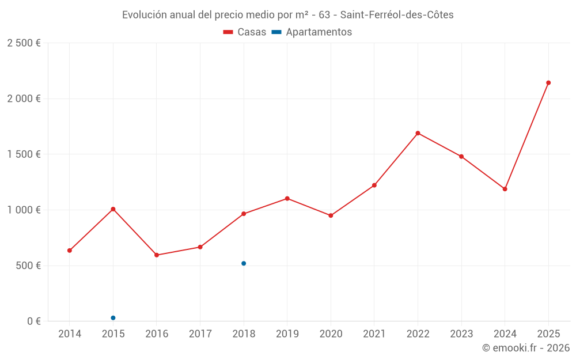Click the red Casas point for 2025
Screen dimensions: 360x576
548,83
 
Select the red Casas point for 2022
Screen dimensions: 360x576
418,133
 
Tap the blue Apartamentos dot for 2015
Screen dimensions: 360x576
113,318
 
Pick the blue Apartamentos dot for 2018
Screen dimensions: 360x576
244,263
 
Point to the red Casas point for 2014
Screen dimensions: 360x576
70,251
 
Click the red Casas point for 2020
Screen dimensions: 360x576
331,215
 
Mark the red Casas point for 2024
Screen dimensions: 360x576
505,189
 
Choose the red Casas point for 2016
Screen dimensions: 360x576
157,255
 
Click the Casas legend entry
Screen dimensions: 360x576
245,32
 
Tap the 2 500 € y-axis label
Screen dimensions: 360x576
24,43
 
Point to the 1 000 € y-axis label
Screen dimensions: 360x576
24,210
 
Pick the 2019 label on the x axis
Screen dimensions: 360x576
287,334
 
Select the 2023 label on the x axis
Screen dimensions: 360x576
461,334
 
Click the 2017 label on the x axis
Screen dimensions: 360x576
200,334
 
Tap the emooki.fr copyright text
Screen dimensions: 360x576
525,348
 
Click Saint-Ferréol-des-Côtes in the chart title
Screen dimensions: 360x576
397,15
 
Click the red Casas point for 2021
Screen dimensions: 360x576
374,185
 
